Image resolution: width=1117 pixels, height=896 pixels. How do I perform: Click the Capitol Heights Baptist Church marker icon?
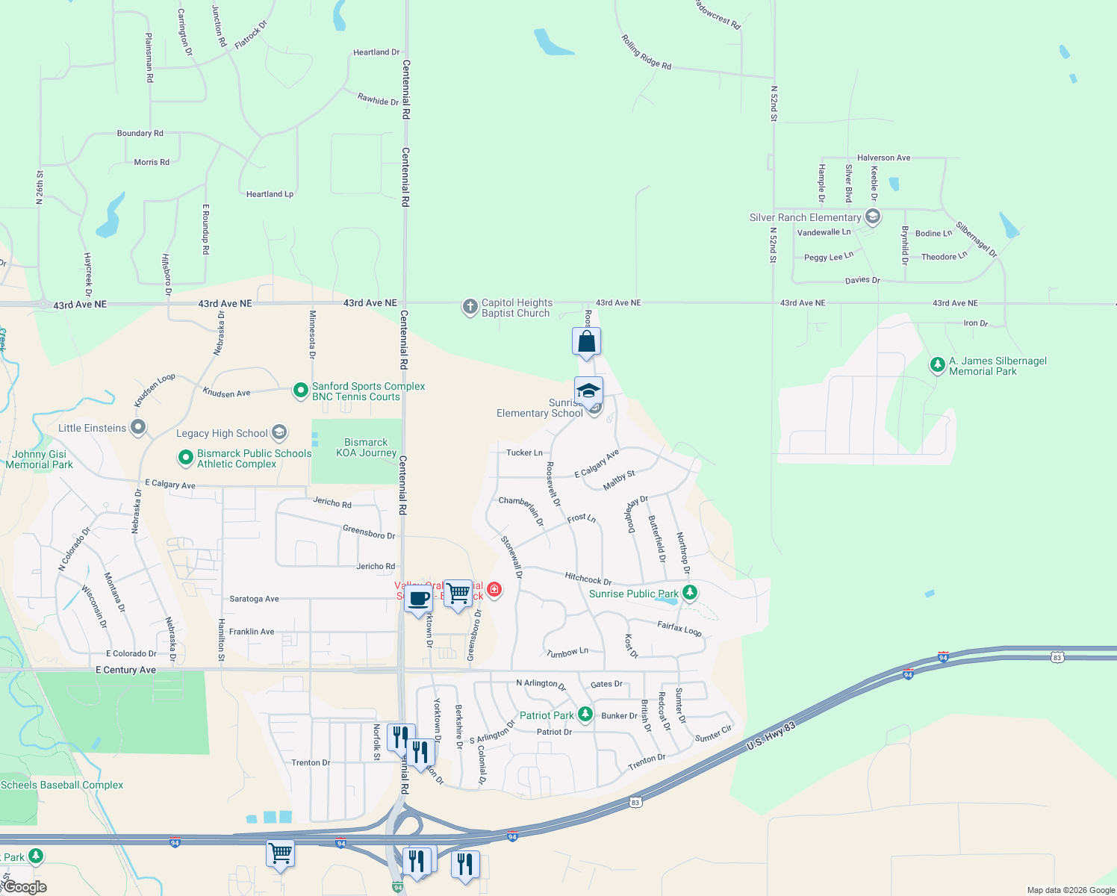pyautogui.click(x=470, y=307)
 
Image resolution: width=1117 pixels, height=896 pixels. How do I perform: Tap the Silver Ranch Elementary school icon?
pyautogui.click(x=873, y=217)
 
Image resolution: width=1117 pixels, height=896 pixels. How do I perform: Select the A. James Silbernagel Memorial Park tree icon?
pyautogui.click(x=937, y=365)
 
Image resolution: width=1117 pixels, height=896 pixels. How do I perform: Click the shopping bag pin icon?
pyautogui.click(x=587, y=342)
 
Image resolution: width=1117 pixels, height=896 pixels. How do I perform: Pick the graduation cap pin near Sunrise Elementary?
pyautogui.click(x=588, y=391)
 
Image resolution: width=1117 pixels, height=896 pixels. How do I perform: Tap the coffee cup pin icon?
pyautogui.click(x=419, y=599)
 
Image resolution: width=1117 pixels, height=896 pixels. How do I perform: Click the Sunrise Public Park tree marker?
pyautogui.click(x=690, y=593)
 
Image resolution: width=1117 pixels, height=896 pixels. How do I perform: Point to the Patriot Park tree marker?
pyautogui.click(x=585, y=715)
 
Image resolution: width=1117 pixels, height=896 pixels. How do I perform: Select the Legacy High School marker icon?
pyautogui.click(x=279, y=432)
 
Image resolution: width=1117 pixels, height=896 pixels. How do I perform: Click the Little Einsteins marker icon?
pyautogui.click(x=138, y=428)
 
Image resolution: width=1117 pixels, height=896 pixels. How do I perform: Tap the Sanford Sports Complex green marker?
pyautogui.click(x=300, y=391)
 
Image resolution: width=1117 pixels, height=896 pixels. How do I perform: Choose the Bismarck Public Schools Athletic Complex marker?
pyautogui.click(x=185, y=458)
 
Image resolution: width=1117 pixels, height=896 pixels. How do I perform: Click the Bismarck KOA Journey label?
pyautogui.click(x=366, y=448)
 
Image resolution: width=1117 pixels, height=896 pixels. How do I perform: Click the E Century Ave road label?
pyautogui.click(x=125, y=670)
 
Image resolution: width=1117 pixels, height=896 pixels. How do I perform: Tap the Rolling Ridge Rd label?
pyautogui.click(x=647, y=52)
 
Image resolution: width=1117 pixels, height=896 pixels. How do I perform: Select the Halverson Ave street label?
pyautogui.click(x=883, y=158)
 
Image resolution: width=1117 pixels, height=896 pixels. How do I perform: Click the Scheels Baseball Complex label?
pyautogui.click(x=62, y=785)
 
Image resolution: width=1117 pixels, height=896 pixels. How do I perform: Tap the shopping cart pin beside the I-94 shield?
pyautogui.click(x=281, y=853)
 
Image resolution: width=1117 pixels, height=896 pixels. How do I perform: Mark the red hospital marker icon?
pyautogui.click(x=494, y=590)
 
